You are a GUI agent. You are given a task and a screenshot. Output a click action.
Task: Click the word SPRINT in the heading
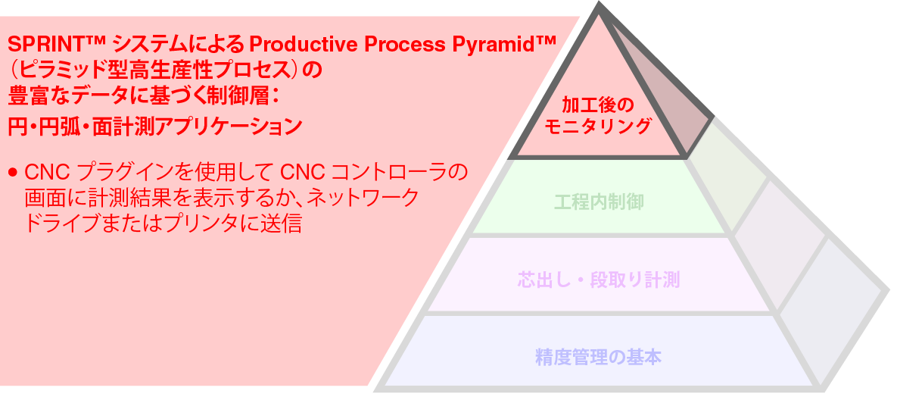(42, 42)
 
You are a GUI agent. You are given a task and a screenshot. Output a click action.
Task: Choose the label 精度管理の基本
(598, 356)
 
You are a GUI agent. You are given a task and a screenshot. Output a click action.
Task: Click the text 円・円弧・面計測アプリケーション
(154, 126)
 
